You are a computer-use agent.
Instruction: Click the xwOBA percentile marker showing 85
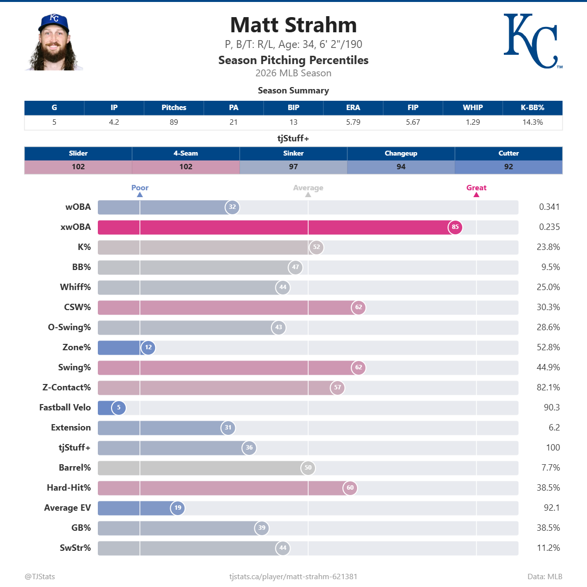(455, 227)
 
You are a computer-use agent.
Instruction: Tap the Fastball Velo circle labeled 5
(118, 407)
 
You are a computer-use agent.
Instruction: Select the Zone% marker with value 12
(148, 347)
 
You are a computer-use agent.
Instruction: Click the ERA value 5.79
(353, 122)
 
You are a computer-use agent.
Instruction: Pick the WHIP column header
(473, 108)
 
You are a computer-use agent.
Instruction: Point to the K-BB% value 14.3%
(532, 122)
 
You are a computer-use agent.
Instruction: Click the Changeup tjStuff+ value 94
(401, 167)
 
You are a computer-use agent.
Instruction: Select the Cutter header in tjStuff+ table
(508, 154)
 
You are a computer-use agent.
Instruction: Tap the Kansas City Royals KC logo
(531, 41)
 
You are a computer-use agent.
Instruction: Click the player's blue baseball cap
(54, 22)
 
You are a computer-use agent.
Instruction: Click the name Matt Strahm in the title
(293, 25)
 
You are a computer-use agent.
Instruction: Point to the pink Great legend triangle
(476, 195)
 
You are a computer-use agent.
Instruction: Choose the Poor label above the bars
(140, 188)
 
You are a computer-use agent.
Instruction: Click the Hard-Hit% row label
(68, 488)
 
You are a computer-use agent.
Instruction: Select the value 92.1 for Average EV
(551, 508)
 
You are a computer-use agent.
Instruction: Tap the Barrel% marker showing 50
(308, 468)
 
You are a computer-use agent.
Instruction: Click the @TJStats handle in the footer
(40, 577)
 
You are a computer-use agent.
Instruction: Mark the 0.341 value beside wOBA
(549, 207)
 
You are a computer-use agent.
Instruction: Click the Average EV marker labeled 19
(178, 508)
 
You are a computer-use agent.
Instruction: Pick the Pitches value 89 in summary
(174, 122)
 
